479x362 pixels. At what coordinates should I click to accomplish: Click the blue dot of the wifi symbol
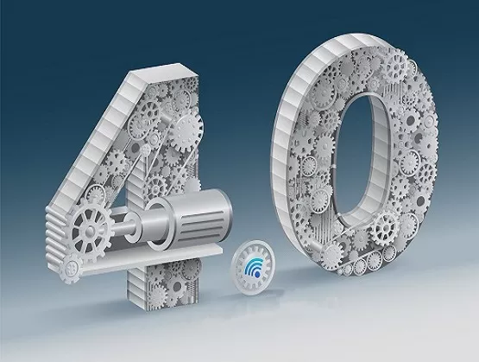257,275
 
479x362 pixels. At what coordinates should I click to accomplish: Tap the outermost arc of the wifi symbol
249,263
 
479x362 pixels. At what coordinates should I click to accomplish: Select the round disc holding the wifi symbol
253,268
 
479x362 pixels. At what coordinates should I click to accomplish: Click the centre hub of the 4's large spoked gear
91,229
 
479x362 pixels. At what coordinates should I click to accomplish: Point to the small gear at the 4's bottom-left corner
71,269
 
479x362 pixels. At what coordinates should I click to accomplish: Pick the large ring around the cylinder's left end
159,223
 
